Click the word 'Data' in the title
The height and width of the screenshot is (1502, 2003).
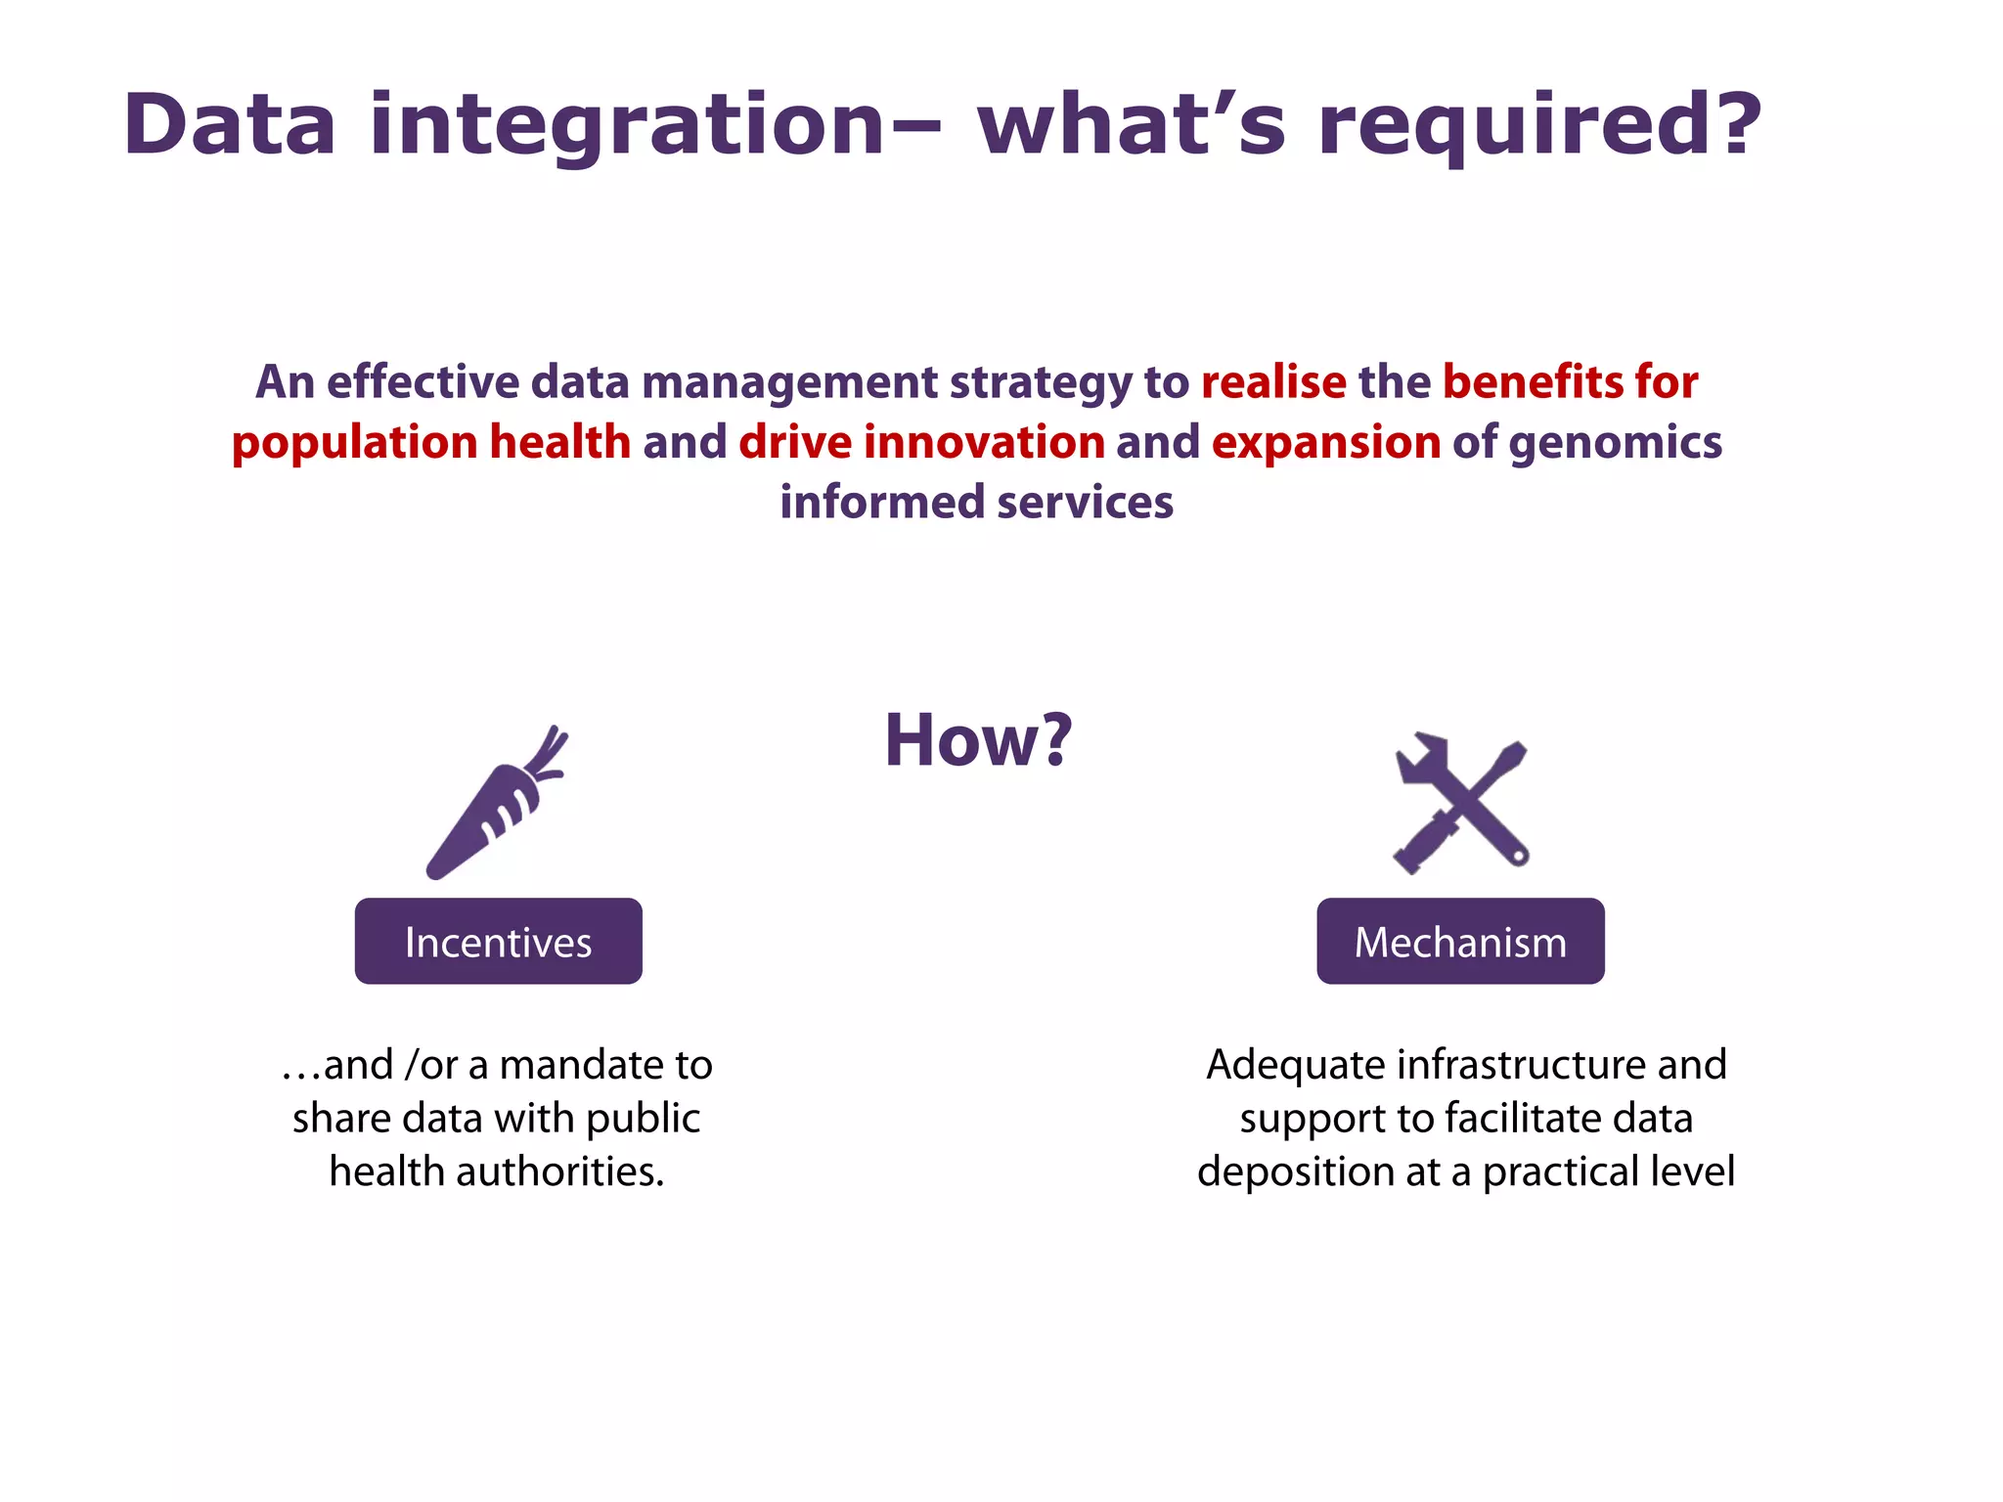pyautogui.click(x=230, y=124)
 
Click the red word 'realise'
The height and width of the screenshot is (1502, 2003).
pyautogui.click(x=1273, y=381)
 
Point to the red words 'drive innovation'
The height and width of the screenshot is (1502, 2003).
pyautogui.click(x=921, y=442)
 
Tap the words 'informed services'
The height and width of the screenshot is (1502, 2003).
pyautogui.click(x=976, y=503)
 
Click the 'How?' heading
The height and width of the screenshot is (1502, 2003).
pyautogui.click(x=978, y=740)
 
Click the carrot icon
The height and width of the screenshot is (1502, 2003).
pyautogui.click(x=489, y=812)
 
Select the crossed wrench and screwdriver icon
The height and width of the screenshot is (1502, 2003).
pyautogui.click(x=1461, y=804)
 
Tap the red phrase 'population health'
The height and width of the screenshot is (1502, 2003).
pyautogui.click(x=431, y=443)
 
